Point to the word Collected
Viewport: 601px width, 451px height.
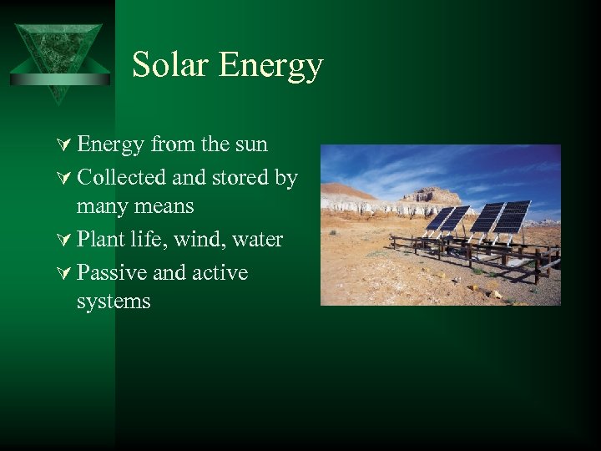point(121,178)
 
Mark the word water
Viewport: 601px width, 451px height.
point(257,240)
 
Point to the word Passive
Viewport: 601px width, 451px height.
point(109,273)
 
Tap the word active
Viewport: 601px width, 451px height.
point(218,273)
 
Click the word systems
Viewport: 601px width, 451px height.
point(114,302)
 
